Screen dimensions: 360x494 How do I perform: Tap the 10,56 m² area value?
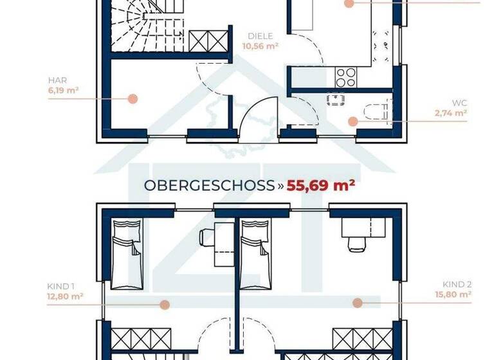point(260,46)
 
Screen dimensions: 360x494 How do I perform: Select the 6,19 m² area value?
point(63,91)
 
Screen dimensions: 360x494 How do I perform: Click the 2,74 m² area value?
point(450,112)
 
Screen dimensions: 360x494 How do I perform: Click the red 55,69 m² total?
point(321,186)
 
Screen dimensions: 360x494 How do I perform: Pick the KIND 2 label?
point(457,284)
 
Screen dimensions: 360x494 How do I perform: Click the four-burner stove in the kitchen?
point(346,78)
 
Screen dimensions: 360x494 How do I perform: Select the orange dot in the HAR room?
point(133,99)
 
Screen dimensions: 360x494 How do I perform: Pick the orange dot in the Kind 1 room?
point(165,305)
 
